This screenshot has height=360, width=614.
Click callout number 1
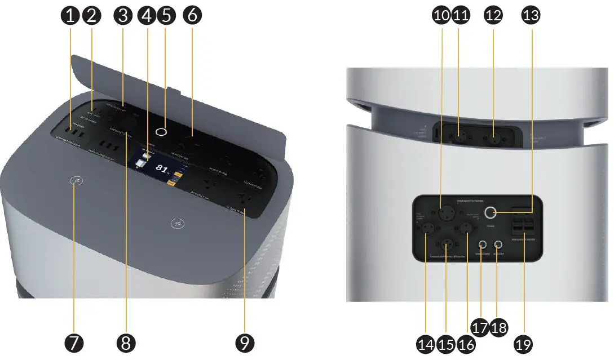point(70,16)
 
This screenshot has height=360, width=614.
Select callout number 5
point(165,16)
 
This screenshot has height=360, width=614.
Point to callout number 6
point(192,16)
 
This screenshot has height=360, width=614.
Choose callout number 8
point(126,342)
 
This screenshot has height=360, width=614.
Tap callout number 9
point(245,342)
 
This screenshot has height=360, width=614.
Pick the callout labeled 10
point(442,16)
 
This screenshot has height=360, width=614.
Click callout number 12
point(493,16)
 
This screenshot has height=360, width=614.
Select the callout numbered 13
point(531,16)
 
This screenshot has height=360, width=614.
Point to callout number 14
point(425,342)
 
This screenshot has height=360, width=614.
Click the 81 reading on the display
point(161,168)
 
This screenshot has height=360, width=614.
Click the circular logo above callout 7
point(76,181)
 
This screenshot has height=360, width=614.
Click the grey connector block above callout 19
point(523,226)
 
